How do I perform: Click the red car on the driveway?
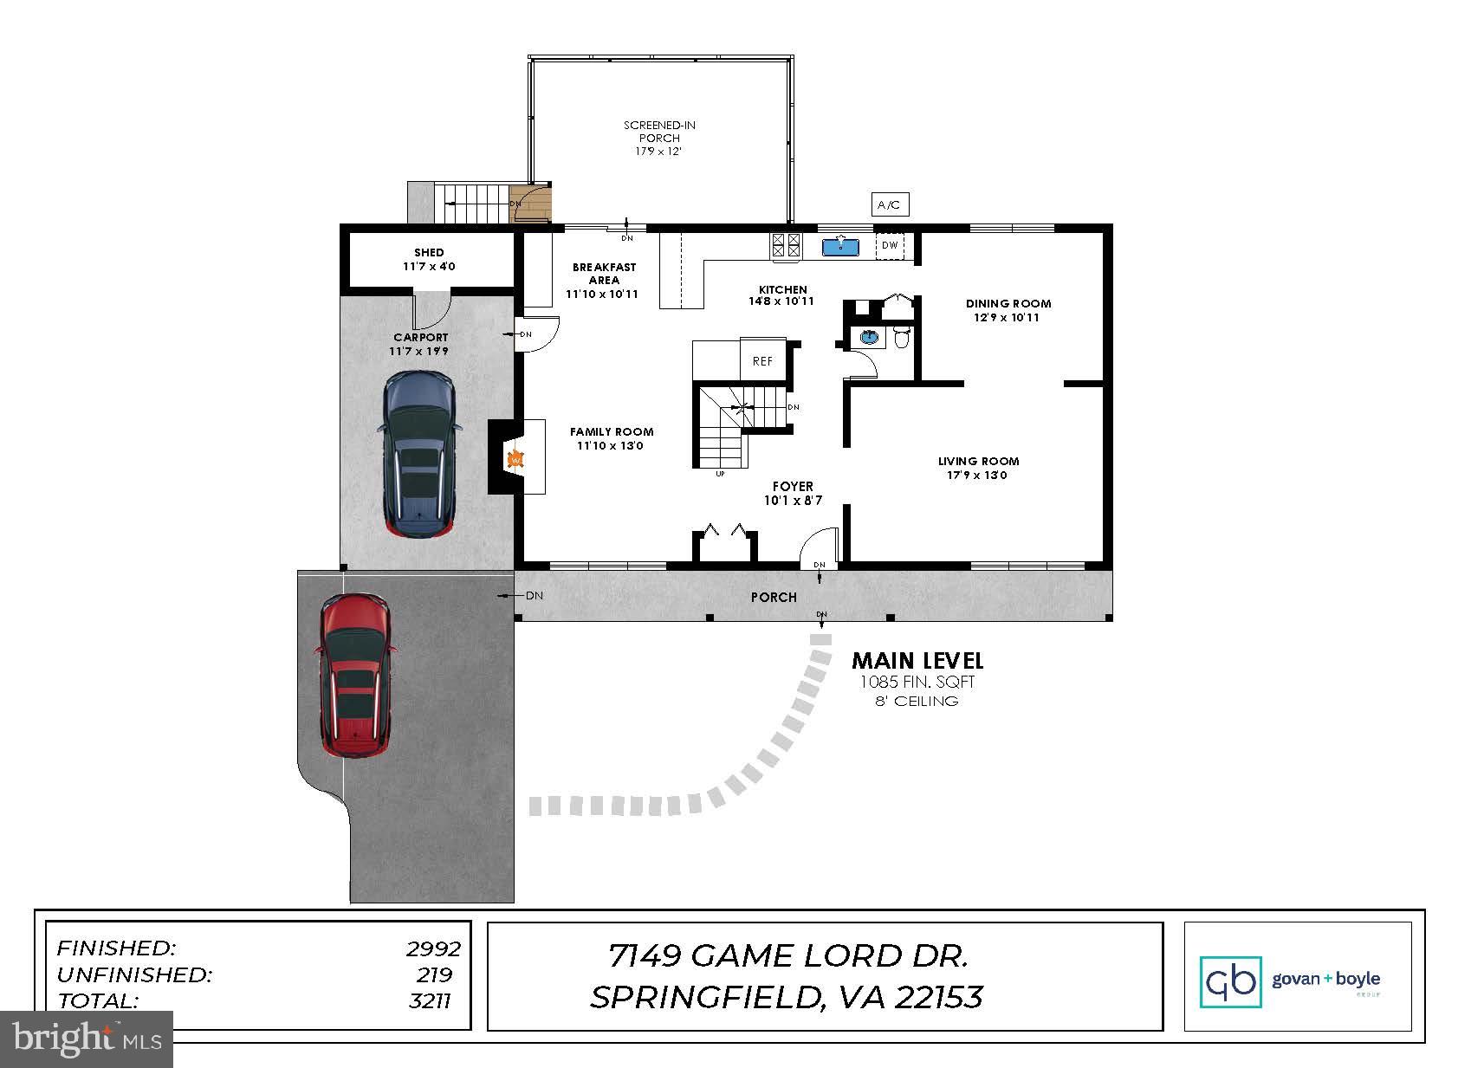click(x=354, y=676)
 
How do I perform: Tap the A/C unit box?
click(x=889, y=205)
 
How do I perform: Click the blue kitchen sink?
click(x=839, y=247)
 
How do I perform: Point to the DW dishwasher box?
click(x=890, y=246)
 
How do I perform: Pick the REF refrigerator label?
click(x=762, y=361)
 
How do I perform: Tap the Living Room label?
click(x=978, y=462)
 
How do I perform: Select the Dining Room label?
click(x=1008, y=303)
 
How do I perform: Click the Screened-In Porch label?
click(x=659, y=132)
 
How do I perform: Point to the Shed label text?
click(x=429, y=253)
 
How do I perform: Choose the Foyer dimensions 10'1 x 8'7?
click(x=793, y=501)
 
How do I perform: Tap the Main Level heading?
click(x=917, y=661)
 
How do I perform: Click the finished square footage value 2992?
click(x=433, y=948)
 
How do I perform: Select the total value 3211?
click(x=431, y=1001)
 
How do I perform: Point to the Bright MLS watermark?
click(x=87, y=1039)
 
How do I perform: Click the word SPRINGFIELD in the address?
click(x=704, y=998)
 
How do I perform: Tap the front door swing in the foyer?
click(x=819, y=546)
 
